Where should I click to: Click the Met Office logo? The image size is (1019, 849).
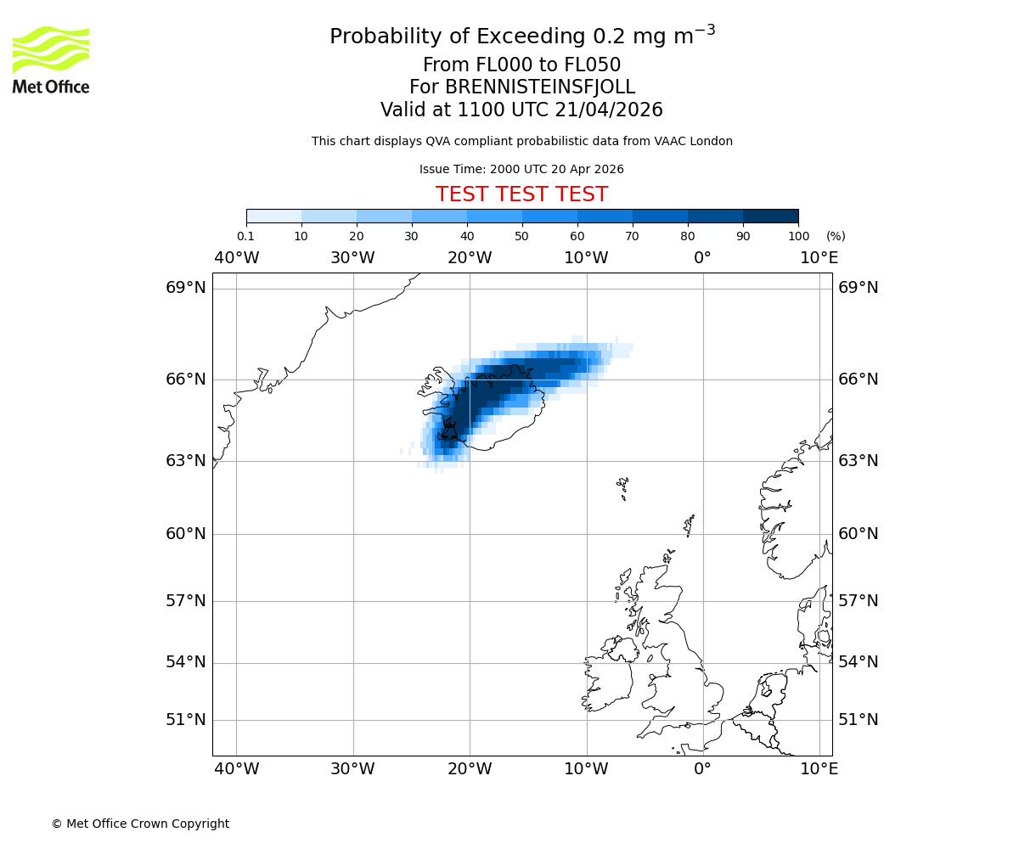pos(51,59)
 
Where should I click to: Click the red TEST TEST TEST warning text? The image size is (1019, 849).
pos(521,195)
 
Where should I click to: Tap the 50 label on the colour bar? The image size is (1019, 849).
pos(521,236)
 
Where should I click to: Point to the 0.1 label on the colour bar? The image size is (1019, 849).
pos(245,236)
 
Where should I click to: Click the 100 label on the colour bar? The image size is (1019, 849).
pos(798,236)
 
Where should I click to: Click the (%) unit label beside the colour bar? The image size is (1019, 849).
pos(836,236)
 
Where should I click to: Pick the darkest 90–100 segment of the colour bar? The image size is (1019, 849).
pos(770,216)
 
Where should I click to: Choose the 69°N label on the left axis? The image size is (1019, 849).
pos(186,288)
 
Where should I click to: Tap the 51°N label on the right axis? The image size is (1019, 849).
pos(859,720)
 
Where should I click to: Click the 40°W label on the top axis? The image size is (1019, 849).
pos(236,258)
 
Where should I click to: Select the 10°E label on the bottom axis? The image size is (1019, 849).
pos(819,769)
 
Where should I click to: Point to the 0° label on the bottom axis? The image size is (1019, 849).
pos(702,769)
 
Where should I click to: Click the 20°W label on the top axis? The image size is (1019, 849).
pos(470,258)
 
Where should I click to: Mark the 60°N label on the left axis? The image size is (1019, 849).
pos(186,534)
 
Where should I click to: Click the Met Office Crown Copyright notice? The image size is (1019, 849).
pos(140,824)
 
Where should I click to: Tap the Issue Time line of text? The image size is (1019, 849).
pos(521,169)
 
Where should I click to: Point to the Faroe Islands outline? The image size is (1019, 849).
pos(623,487)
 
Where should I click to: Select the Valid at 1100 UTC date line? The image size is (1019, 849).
pos(521,110)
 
